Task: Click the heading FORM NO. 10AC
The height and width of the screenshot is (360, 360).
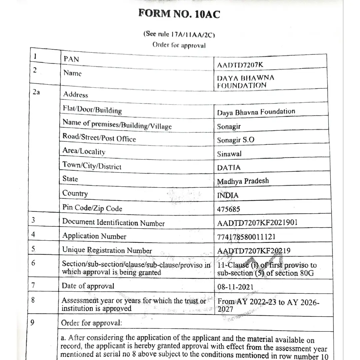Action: point(179,14)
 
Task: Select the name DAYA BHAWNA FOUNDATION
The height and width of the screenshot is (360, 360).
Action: point(246,82)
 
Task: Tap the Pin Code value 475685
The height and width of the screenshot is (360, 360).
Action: point(229,209)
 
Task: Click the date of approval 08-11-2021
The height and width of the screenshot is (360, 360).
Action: point(235,287)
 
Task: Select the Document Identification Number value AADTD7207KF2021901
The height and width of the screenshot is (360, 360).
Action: point(257,223)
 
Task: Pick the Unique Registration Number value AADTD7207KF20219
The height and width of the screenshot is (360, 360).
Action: point(254,251)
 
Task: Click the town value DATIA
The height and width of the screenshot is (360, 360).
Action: point(229,168)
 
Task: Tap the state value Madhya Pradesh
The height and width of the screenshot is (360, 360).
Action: point(243,181)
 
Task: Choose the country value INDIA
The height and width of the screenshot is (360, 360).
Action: point(228,195)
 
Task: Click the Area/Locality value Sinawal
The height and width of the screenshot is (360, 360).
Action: point(229,154)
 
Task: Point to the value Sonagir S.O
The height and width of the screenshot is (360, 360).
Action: point(235,140)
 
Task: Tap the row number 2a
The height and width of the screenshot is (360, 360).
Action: point(36,92)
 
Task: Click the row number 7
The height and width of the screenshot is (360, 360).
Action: point(33,285)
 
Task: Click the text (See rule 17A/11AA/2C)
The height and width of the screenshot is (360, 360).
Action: point(179,34)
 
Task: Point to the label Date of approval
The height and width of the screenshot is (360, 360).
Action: point(88,286)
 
